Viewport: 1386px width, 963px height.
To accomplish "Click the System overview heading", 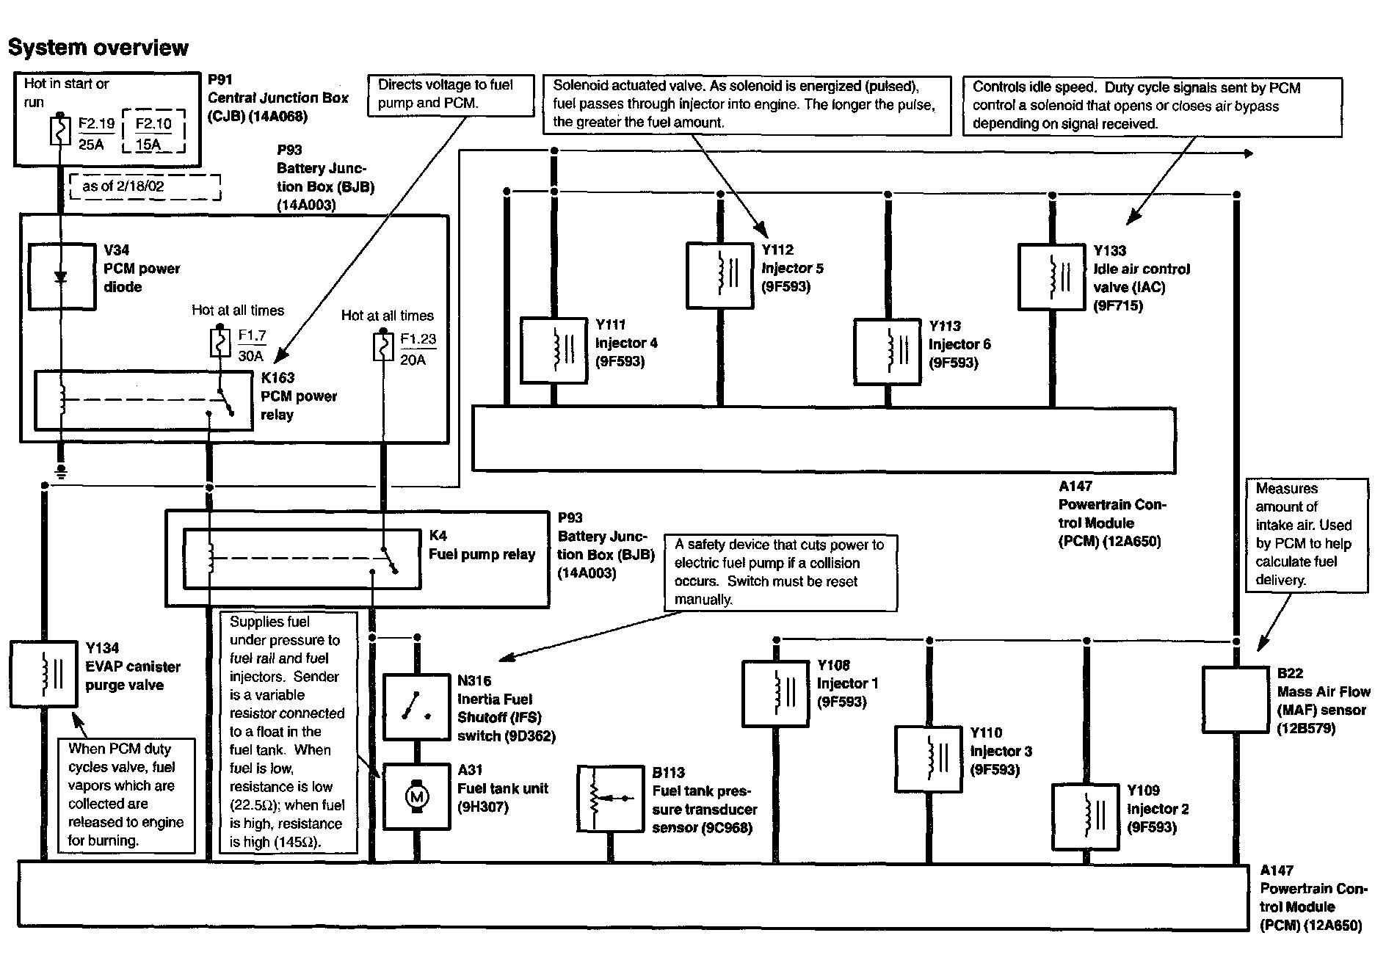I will pyautogui.click(x=98, y=48).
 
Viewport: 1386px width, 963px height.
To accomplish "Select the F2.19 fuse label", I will pyautogui.click(x=95, y=124).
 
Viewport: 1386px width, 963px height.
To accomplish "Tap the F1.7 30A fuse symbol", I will pyautogui.click(x=219, y=344).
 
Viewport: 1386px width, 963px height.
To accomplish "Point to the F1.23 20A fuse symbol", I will pyautogui.click(x=382, y=346).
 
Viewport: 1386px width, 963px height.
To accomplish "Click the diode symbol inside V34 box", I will pyautogui.click(x=61, y=277).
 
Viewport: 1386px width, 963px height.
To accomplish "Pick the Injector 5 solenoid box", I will pyautogui.click(x=719, y=275).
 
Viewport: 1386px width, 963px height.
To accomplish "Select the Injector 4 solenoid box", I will pyautogui.click(x=554, y=349).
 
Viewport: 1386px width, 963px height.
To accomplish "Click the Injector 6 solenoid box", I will pyautogui.click(x=888, y=351).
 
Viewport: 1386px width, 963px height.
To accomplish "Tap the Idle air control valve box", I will pyautogui.click(x=1052, y=276).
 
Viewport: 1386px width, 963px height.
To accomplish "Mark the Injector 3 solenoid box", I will pyautogui.click(x=929, y=758).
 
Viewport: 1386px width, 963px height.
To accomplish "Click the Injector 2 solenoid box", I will pyautogui.click(x=1085, y=816).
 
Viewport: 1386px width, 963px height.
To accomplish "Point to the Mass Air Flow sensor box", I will pyautogui.click(x=1236, y=699).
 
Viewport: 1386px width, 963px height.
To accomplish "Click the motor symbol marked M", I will pyautogui.click(x=417, y=796).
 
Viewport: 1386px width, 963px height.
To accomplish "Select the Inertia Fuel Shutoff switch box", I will pyautogui.click(x=416, y=708).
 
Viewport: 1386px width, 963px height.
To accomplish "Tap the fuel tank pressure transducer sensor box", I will pyautogui.click(x=611, y=799).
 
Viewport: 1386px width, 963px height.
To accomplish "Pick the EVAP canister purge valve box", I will pyautogui.click(x=43, y=674).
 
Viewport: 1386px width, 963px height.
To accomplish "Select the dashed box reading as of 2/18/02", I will pyautogui.click(x=145, y=186).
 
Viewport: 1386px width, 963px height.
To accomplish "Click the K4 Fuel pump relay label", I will pyautogui.click(x=482, y=545).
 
